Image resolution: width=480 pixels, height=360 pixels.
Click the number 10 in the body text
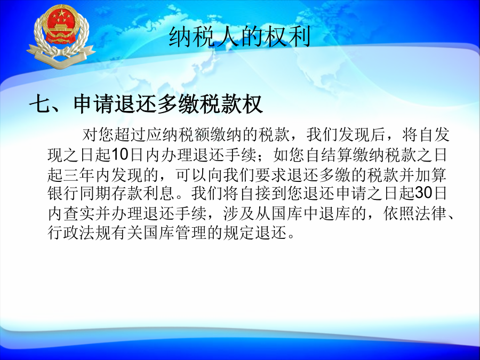click(119, 155)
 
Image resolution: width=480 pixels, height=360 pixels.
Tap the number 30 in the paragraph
click(423, 193)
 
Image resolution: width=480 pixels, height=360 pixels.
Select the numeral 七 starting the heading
click(39, 104)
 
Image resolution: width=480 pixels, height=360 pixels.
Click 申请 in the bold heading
click(94, 104)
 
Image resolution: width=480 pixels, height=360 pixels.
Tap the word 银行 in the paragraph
click(63, 193)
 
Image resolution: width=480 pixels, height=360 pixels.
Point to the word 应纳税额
click(178, 135)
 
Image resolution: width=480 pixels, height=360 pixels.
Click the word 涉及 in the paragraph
click(239, 213)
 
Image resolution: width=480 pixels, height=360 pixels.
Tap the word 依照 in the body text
click(399, 213)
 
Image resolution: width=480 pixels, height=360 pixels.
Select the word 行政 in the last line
click(63, 233)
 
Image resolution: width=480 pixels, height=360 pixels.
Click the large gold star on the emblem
click(62, 13)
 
